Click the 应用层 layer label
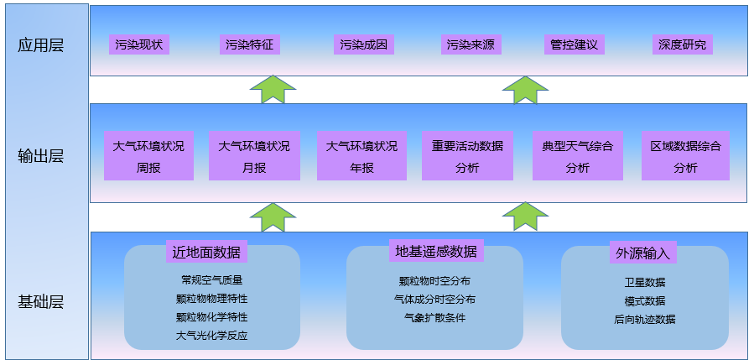(40, 45)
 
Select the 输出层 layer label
(40, 155)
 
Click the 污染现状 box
(139, 44)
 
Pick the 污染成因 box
(364, 44)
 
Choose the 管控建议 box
(575, 44)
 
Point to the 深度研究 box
(682, 44)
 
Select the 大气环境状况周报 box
(149, 156)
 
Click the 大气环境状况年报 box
(361, 156)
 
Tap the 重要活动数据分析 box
(467, 156)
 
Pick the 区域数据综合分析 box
(685, 156)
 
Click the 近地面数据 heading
(206, 252)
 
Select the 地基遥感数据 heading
(436, 251)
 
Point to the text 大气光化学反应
(211, 336)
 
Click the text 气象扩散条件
(434, 317)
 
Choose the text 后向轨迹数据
(644, 319)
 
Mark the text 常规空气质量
(211, 280)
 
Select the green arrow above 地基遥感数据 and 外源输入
(525, 216)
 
